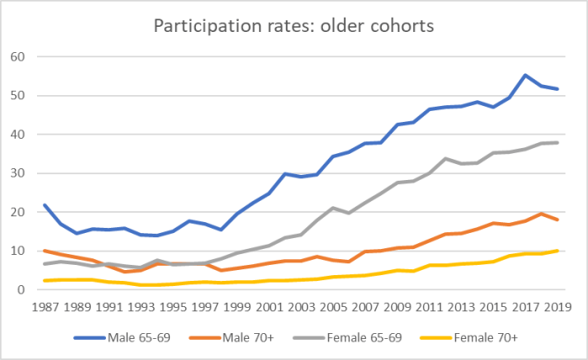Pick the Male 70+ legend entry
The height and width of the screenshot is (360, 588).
[x=250, y=338]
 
